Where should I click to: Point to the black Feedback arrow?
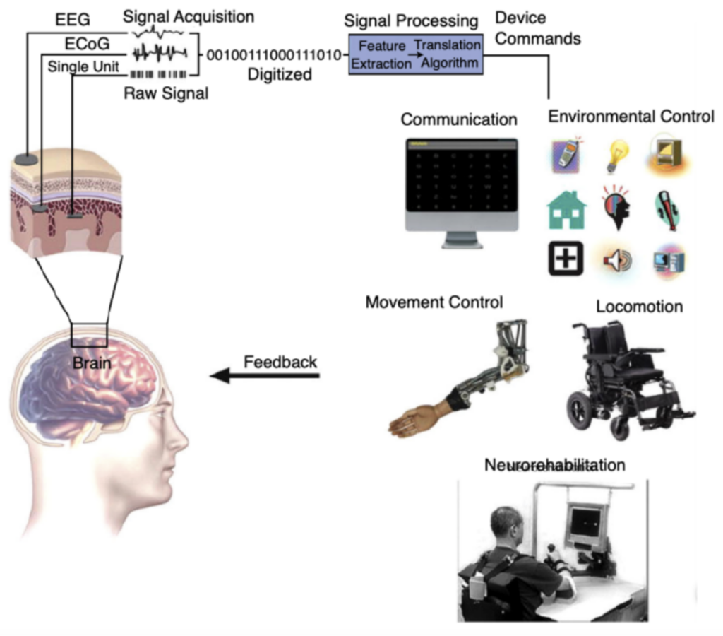pyautogui.click(x=264, y=376)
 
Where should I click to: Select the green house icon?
pyautogui.click(x=566, y=211)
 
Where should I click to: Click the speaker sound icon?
pyautogui.click(x=616, y=261)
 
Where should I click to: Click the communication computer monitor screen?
pyautogui.click(x=460, y=183)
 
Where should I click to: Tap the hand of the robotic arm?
pyautogui.click(x=413, y=422)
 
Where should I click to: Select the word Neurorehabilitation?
pyautogui.click(x=554, y=466)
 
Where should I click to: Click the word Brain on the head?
pyautogui.click(x=90, y=364)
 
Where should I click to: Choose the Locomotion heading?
pyautogui.click(x=639, y=307)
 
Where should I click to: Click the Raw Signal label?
pyautogui.click(x=166, y=92)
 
